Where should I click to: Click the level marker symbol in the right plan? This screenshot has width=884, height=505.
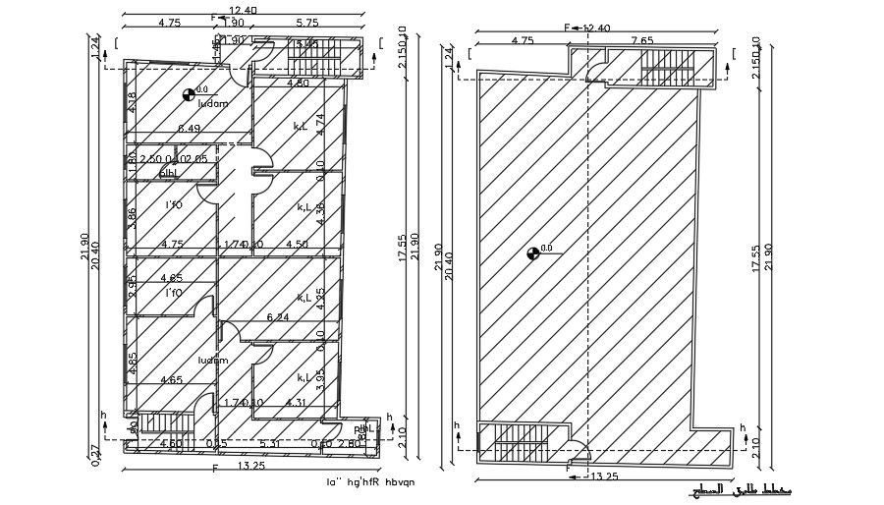pyautogui.click(x=533, y=252)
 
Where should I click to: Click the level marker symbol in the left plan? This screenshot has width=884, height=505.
pyautogui.click(x=189, y=94)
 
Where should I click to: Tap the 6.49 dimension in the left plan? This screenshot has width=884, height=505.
pyautogui.click(x=189, y=129)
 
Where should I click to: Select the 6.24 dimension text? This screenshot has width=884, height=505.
pyautogui.click(x=278, y=317)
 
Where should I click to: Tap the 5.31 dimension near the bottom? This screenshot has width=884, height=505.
pyautogui.click(x=271, y=443)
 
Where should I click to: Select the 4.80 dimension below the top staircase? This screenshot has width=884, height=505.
pyautogui.click(x=298, y=84)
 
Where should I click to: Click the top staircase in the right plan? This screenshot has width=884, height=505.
pyautogui.click(x=666, y=69)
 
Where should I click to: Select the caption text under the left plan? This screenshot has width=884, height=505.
pyautogui.click(x=370, y=482)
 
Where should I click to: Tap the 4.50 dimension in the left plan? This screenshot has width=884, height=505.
pyautogui.click(x=297, y=244)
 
